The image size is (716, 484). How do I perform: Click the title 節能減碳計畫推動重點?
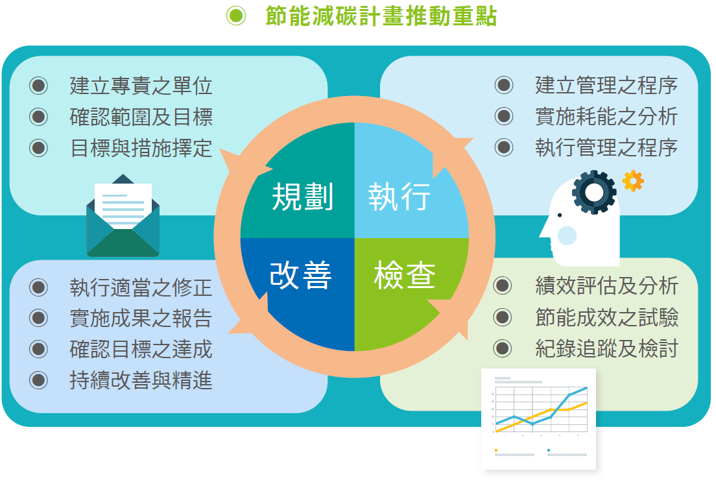381,16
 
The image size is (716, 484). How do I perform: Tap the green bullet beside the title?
236,16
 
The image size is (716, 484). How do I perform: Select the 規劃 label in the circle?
302,197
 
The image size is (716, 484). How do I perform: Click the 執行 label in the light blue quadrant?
400,197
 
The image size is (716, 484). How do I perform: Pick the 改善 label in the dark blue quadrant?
300,275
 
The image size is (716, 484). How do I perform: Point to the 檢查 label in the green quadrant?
405,275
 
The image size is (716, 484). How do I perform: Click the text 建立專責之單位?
141,86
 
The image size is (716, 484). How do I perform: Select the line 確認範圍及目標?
141,117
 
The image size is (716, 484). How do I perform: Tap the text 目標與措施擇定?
141,148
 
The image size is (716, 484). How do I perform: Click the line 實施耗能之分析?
606,116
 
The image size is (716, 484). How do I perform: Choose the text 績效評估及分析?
606,286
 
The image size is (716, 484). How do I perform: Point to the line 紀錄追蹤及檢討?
606,348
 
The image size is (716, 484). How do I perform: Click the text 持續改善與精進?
141,380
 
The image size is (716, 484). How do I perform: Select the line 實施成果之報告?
141,319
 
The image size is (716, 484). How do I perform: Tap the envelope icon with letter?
123,215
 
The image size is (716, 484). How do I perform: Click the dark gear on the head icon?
594,192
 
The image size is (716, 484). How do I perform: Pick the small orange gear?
634,181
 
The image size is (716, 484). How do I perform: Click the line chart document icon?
539,419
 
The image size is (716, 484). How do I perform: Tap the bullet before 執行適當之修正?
38,287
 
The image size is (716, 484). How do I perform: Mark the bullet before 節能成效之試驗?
503,317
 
